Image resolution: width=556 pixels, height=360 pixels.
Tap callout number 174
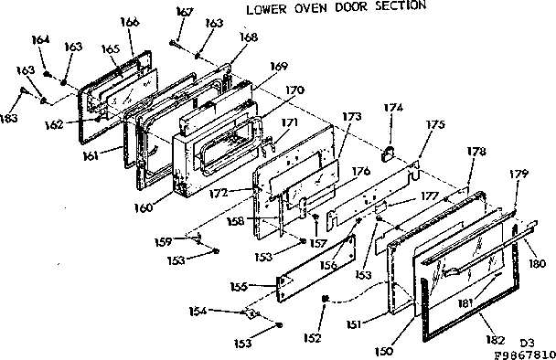tap(393, 109)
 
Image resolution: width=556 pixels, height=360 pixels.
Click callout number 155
tap(241, 286)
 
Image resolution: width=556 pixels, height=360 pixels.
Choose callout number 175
tap(437, 126)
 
